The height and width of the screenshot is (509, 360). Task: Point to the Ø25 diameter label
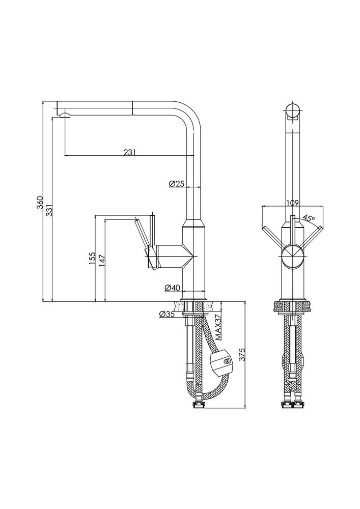176,184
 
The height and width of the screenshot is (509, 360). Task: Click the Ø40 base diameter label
173,288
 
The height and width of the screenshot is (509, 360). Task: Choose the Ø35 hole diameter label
167,314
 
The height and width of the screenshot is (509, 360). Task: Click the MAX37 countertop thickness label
217,327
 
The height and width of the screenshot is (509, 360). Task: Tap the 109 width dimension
292,203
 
